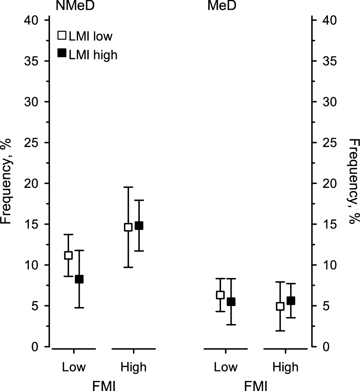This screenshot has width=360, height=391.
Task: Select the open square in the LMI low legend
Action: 62,36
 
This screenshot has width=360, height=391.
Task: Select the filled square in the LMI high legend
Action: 62,53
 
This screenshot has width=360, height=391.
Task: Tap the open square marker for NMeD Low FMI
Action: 68,255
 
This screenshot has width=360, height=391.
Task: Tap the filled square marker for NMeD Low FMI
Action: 79,279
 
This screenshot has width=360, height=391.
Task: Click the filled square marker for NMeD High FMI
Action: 139,226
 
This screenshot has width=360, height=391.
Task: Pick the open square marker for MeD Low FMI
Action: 220,295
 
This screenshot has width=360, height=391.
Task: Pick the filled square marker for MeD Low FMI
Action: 231,302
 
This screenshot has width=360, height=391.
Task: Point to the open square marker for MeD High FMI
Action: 280,306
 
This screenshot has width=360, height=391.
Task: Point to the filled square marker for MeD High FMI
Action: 291,301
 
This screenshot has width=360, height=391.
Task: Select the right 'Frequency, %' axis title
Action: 353,184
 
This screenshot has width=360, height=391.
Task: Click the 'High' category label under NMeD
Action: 133,367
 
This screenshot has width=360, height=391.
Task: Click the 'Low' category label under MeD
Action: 226,367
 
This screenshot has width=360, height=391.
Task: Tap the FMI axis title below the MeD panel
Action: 256,384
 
